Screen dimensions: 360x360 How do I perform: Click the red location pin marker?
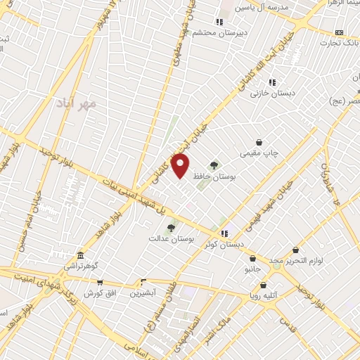pos(181,166)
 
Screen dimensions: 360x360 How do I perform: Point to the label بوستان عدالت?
pos(170,240)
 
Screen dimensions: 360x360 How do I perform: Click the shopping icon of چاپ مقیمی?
pos(259,141)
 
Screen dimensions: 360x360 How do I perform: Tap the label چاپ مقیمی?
pos(261,153)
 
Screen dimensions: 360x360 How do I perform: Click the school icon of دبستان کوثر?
pos(224,233)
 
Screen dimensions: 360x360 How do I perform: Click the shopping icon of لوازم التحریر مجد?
pos(296,250)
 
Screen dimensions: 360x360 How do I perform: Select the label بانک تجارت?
pos(340,44)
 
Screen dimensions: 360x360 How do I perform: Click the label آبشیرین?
pos(143,292)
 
